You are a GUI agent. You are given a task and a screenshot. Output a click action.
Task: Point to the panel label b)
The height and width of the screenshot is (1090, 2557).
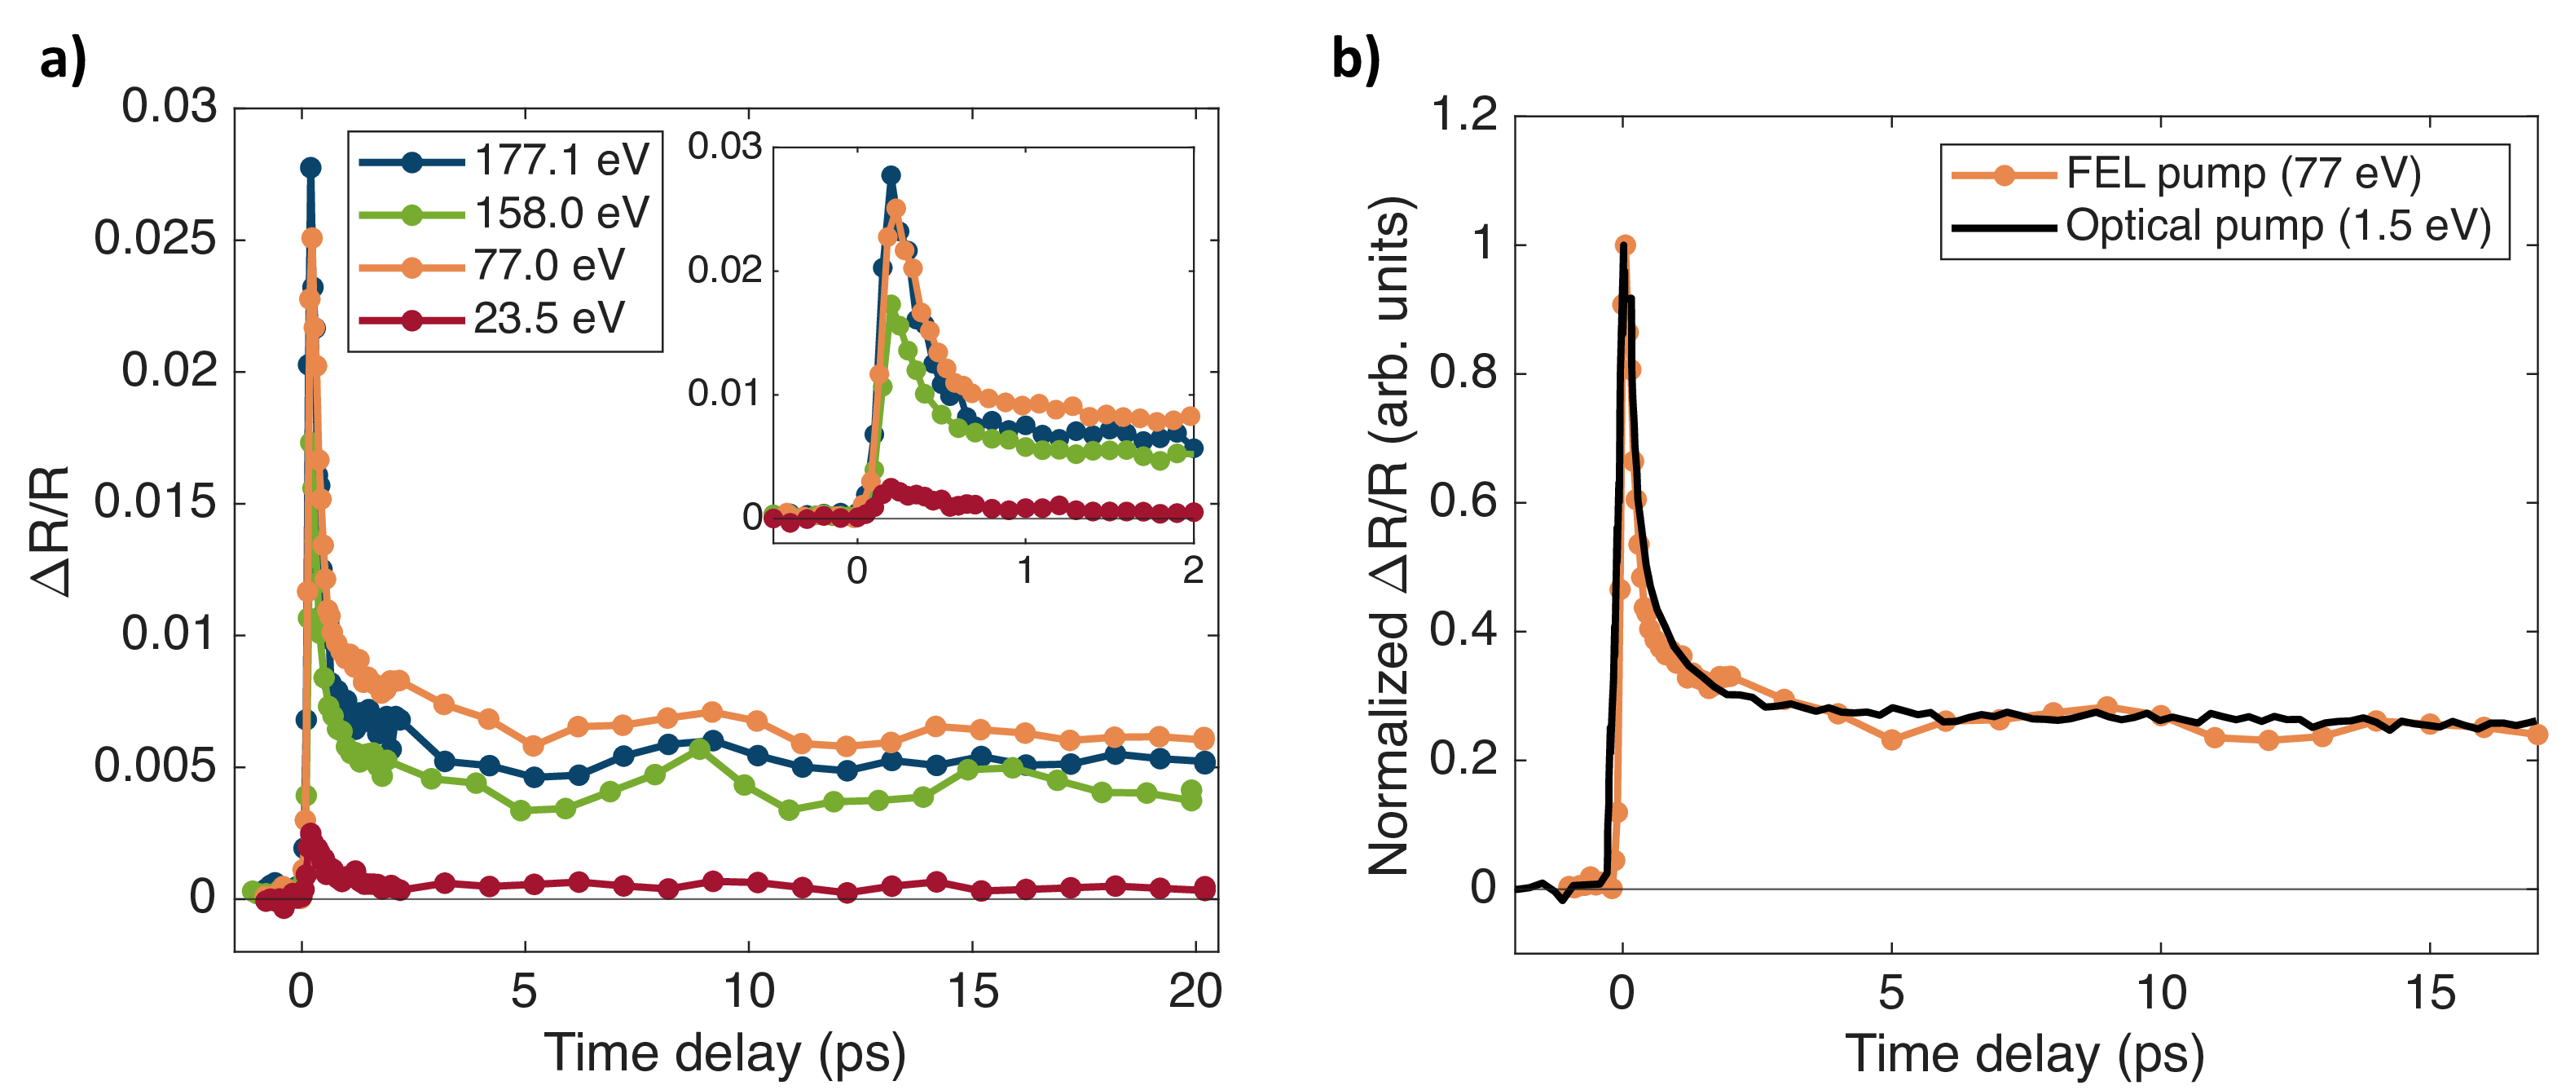1355,59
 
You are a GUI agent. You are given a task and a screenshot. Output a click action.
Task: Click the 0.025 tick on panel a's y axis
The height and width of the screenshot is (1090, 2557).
155,239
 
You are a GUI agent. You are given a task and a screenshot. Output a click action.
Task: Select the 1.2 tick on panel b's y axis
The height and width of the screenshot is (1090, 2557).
1464,115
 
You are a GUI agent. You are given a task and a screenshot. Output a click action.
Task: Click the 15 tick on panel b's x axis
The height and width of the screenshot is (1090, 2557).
2431,994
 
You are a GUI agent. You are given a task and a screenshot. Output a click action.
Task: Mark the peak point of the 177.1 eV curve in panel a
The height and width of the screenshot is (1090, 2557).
310,167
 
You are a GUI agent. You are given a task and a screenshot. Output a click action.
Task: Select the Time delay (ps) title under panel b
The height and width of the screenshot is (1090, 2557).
2025,1055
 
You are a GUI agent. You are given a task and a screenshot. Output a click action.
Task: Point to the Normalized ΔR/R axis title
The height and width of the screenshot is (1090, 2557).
1389,536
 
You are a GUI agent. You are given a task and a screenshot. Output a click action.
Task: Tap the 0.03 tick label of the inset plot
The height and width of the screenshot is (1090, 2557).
724,147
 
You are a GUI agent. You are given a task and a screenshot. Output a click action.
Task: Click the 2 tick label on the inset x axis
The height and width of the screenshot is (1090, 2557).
1193,571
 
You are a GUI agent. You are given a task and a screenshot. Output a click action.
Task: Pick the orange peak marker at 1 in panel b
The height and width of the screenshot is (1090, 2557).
1625,245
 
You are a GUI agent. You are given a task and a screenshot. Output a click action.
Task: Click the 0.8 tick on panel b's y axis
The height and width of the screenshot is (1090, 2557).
1464,373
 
